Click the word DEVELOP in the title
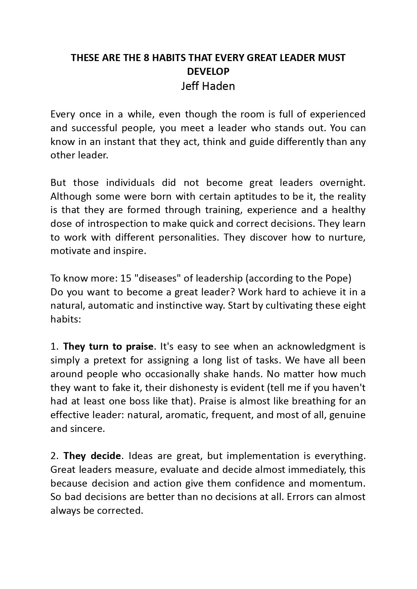point(208,71)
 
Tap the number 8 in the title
point(146,58)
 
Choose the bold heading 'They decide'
point(92,456)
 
